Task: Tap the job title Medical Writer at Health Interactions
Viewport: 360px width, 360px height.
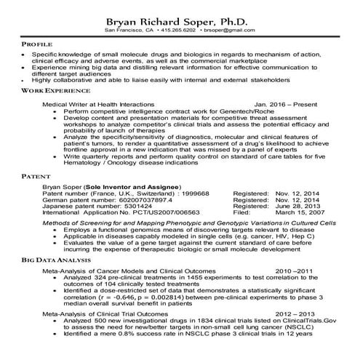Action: [98, 105]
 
